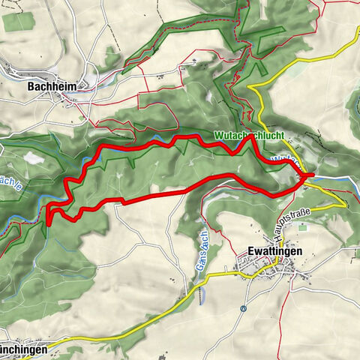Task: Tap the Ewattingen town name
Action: coord(274,252)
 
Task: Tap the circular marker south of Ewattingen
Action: coord(243,307)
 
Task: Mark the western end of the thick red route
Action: coord(49,223)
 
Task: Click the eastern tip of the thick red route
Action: coord(309,177)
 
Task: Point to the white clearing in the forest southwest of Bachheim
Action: coord(34,158)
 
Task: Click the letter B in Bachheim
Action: coord(31,86)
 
